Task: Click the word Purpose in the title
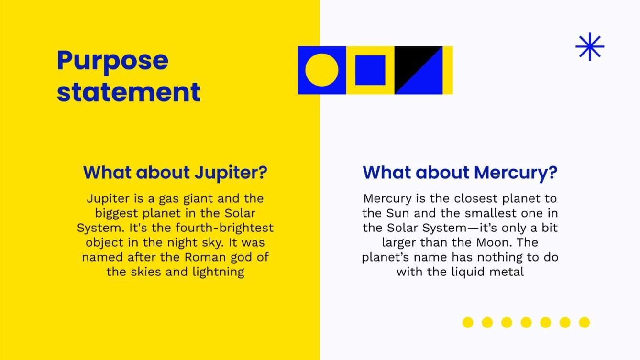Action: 112,61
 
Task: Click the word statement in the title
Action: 128,92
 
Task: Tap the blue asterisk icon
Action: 590,46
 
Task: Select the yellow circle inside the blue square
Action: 321,70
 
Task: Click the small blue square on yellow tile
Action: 370,70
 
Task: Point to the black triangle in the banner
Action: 411,62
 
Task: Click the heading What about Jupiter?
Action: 175,173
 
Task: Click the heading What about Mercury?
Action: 460,173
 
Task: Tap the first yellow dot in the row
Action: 468,323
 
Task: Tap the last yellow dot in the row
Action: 584,323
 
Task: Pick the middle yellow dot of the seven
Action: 526,323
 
